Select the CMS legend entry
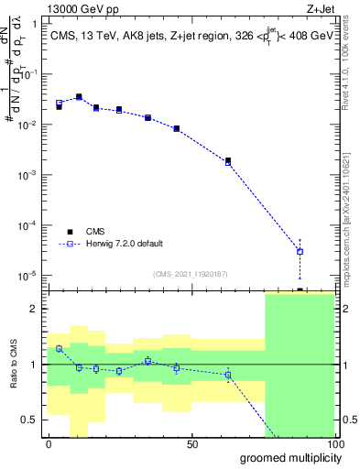coord(108,232)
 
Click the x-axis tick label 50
coord(192,444)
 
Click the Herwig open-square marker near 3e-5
coord(300,251)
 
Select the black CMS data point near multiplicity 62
coord(228,160)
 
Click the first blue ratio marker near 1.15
coord(59,348)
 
